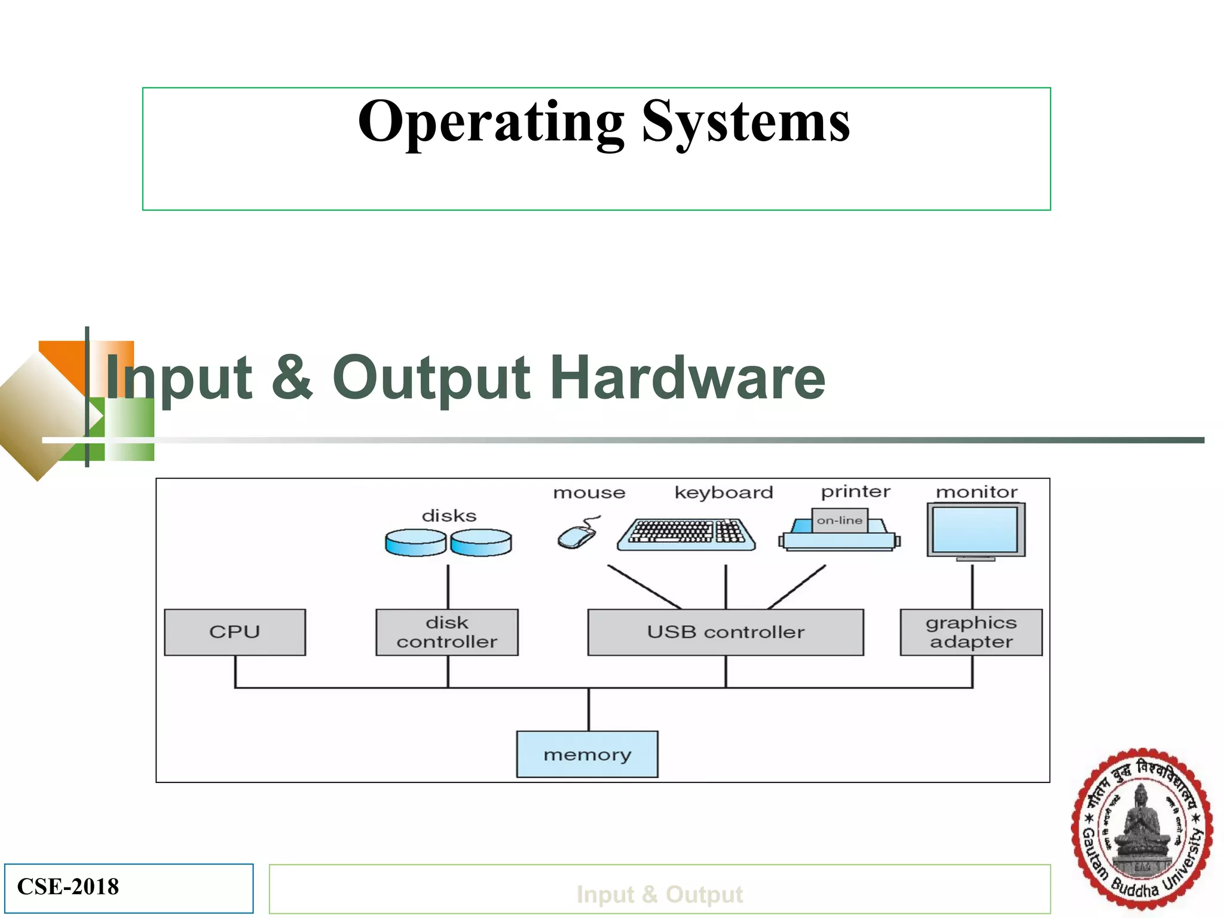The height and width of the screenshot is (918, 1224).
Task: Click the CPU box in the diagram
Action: click(234, 632)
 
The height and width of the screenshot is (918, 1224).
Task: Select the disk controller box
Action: click(446, 632)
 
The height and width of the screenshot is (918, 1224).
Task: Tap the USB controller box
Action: click(725, 632)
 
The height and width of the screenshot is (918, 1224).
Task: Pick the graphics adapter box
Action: click(971, 632)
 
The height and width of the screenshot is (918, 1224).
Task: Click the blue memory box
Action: click(587, 754)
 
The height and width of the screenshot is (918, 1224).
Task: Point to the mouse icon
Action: click(576, 535)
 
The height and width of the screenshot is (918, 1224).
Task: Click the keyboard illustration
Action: click(686, 534)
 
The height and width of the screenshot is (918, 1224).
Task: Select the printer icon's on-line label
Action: click(839, 521)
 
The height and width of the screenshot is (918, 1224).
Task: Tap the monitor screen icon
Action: click(975, 530)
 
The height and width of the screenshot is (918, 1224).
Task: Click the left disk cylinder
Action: click(415, 543)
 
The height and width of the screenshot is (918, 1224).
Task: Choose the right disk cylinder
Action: click(481, 543)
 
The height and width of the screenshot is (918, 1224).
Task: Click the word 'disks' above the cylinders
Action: click(449, 516)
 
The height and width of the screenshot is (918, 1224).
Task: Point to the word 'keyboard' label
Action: click(723, 492)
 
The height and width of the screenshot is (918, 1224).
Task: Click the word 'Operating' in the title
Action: click(490, 123)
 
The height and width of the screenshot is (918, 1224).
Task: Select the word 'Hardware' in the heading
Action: click(687, 378)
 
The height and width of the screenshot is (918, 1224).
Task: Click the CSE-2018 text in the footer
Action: click(68, 887)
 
